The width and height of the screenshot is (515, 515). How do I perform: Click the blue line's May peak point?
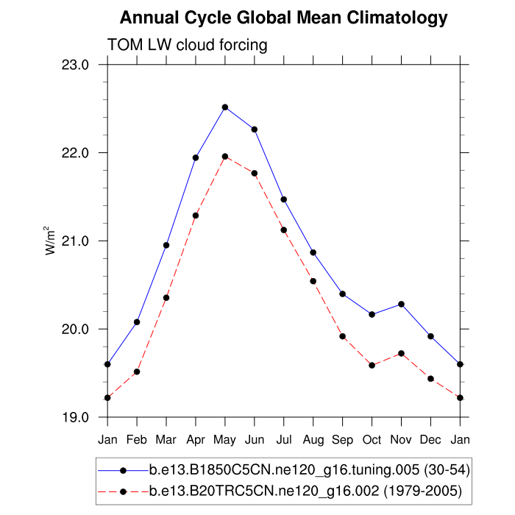pyautogui.click(x=225, y=107)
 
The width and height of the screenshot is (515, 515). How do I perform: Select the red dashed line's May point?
pyautogui.click(x=225, y=156)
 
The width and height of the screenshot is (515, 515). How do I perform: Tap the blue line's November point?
pyautogui.click(x=401, y=304)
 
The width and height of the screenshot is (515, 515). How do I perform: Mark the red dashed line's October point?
pyautogui.click(x=372, y=365)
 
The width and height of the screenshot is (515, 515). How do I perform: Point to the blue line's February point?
pyautogui.click(x=137, y=322)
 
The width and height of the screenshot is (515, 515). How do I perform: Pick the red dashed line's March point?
pyautogui.click(x=166, y=297)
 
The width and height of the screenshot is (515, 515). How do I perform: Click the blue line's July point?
pyautogui.click(x=283, y=199)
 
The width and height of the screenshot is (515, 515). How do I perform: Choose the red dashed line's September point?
pyautogui.click(x=342, y=336)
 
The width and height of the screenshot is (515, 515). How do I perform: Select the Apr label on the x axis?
pyautogui.click(x=196, y=440)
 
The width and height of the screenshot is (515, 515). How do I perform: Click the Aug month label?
pyautogui.click(x=313, y=440)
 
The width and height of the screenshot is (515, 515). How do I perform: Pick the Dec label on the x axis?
pyautogui.click(x=430, y=440)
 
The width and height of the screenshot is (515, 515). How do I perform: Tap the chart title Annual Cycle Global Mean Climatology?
pyautogui.click(x=283, y=18)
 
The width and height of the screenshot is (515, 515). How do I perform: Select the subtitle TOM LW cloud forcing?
pyautogui.click(x=187, y=46)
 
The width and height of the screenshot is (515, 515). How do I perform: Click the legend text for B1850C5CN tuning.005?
pyautogui.click(x=309, y=469)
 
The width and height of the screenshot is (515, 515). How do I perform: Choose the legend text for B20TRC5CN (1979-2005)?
pyautogui.click(x=305, y=491)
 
